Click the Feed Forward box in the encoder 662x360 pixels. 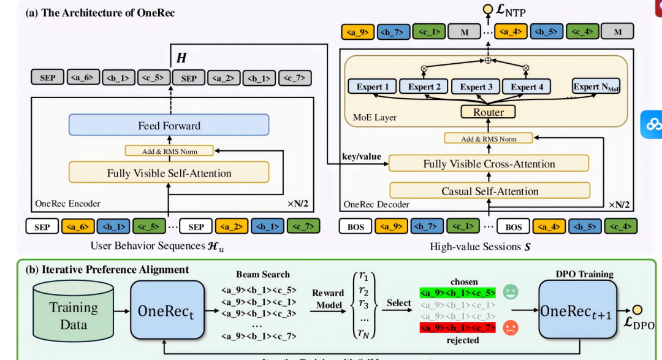pos(169,126)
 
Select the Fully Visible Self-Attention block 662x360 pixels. pos(169,173)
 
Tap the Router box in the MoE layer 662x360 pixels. pos(489,112)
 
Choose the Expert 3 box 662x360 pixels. pos(476,87)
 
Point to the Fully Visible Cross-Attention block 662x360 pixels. pos(489,164)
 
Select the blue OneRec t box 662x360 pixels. pos(167,310)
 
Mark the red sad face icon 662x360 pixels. pos(510,328)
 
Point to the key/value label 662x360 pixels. pos(362,157)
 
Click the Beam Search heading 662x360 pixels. pos(263,274)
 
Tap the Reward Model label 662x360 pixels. pos(328,298)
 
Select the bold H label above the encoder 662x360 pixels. pos(181,58)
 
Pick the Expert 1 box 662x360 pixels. pos(373,87)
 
